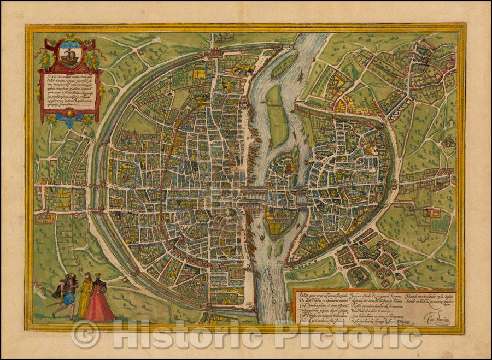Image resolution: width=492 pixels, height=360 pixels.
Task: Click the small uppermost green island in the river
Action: coord(285,65)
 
